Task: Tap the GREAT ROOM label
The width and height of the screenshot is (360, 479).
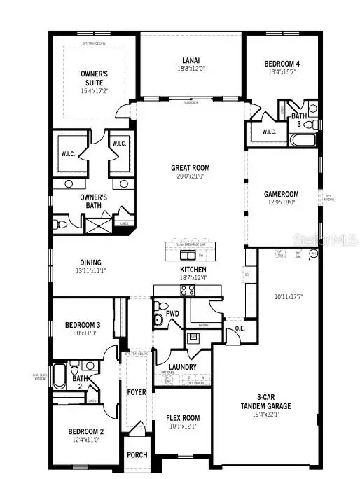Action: (191, 168)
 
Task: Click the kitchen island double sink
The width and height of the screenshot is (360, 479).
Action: (187, 254)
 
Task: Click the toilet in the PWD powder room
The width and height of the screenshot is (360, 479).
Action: (159, 319)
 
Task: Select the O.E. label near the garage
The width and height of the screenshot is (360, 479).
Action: (239, 328)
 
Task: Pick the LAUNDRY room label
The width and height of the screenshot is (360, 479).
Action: (183, 366)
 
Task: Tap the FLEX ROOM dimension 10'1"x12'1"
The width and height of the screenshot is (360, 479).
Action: (182, 426)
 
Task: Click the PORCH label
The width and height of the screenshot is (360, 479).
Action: (137, 455)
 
